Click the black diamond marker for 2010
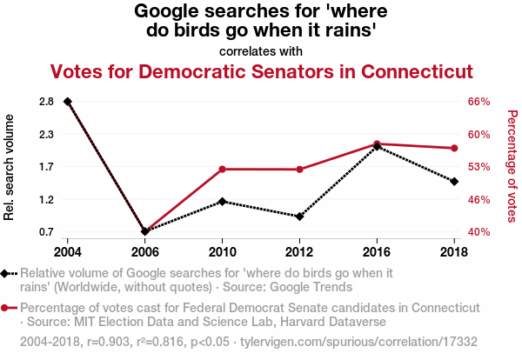222,201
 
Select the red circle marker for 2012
299,169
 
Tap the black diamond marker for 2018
454,181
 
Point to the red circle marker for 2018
454,148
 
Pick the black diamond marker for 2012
299,216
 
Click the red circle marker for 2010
222,169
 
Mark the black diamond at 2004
67,102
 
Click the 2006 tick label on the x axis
144,251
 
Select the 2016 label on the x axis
377,251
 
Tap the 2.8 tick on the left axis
47,102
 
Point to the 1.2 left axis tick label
47,199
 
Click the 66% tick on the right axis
480,102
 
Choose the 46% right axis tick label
480,199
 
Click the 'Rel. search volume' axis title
10,167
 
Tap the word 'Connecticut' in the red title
411,70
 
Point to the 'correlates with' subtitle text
261,50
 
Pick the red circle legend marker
7,308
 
